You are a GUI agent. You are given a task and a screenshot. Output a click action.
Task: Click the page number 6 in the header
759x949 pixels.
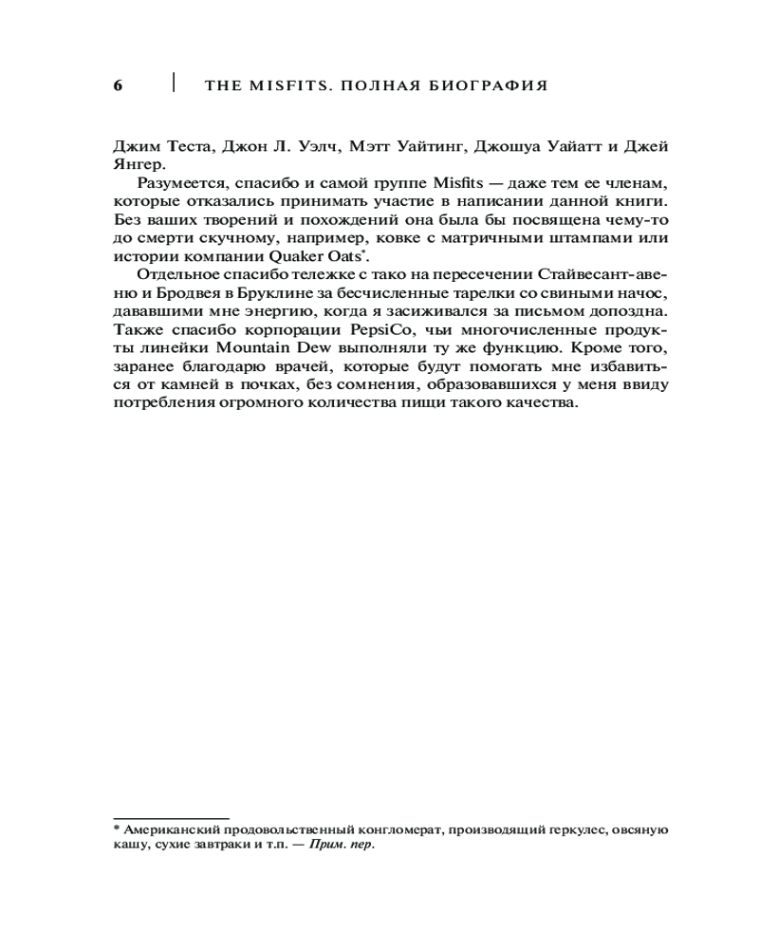coord(119,85)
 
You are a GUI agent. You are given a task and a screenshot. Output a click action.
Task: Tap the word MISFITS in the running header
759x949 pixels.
coord(279,85)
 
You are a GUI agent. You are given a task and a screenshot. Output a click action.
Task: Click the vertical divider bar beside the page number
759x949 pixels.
coord(174,82)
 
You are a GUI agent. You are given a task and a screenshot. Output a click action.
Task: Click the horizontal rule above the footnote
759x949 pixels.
coord(171,817)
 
